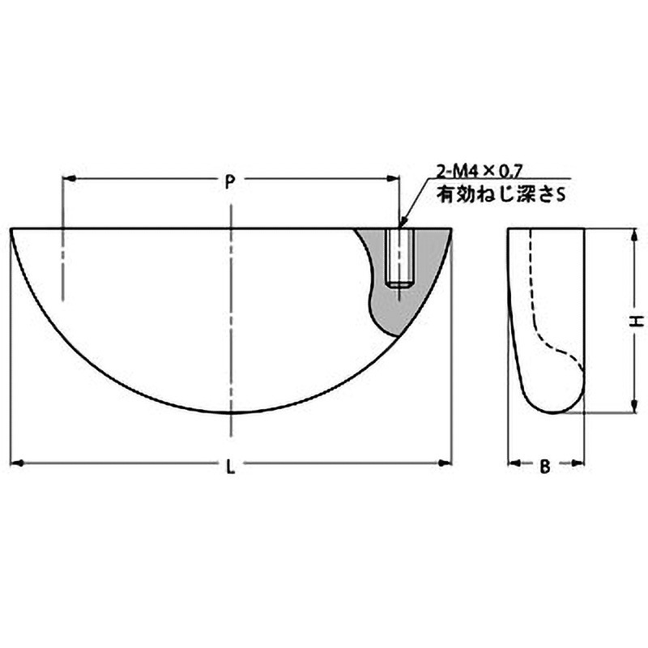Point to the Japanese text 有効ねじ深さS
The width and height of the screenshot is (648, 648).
pyautogui.click(x=499, y=194)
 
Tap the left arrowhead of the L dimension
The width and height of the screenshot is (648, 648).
pyautogui.click(x=17, y=463)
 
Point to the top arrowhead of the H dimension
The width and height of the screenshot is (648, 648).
pyautogui.click(x=631, y=235)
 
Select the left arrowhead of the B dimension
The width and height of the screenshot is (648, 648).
pyautogui.click(x=513, y=464)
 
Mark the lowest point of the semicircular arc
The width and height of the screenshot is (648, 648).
pyautogui.click(x=232, y=412)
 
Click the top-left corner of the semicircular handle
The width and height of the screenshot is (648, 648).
pyautogui.click(x=12, y=229)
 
